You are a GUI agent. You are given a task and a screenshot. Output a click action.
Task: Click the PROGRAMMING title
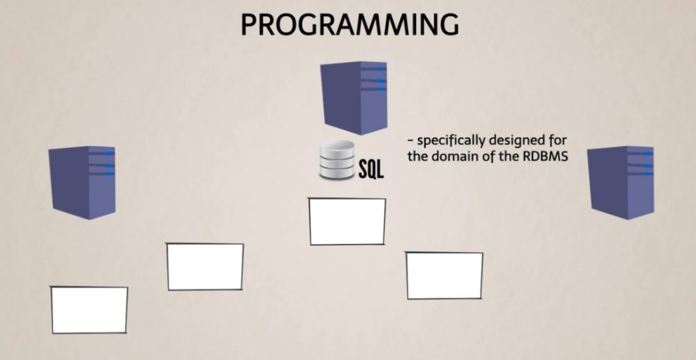pos(349,24)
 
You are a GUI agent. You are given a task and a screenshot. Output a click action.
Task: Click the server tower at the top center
pos(354,96)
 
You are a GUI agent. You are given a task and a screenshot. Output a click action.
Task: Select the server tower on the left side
pos(82,182)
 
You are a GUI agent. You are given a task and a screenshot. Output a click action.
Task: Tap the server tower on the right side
pos(620,182)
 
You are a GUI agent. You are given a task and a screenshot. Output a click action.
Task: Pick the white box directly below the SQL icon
pos(347,221)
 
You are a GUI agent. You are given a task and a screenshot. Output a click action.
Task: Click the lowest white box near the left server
pos(89,310)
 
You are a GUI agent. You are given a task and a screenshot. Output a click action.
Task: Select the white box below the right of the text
pos(445,275)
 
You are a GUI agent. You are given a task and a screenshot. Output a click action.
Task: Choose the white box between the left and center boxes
pos(205,266)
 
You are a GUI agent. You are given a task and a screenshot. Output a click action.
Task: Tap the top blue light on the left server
pos(109,154)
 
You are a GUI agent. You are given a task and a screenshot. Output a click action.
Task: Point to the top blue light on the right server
pos(648,154)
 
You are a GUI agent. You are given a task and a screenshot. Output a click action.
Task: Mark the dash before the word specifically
pos(410,141)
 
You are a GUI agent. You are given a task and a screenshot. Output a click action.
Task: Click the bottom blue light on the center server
pos(381,89)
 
